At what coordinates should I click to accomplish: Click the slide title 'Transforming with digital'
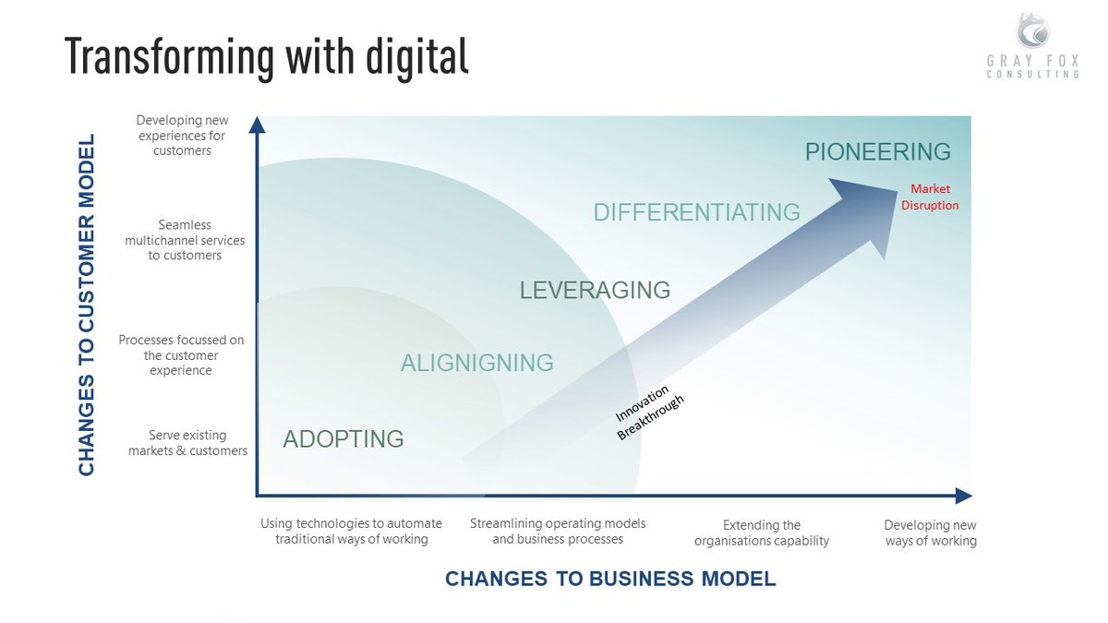point(267,57)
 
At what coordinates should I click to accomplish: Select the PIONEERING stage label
point(877,151)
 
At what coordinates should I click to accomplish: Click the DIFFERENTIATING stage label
point(696,212)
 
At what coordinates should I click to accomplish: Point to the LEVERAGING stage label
point(595,290)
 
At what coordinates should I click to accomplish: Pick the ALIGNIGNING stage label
point(476,363)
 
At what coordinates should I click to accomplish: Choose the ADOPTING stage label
point(343,438)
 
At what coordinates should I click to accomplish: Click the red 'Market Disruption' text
point(930,198)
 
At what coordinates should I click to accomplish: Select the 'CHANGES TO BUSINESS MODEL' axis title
point(610,579)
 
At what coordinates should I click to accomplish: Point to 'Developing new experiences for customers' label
point(182,135)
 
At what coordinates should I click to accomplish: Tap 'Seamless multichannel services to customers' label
point(185,240)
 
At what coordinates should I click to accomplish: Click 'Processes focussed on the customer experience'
point(182,355)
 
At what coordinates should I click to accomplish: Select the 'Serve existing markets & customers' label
point(187,443)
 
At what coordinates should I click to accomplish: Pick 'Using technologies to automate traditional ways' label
point(351,531)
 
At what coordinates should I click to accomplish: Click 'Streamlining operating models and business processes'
point(558,531)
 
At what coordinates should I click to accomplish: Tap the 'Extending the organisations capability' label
point(762,533)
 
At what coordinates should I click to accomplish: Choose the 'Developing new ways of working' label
point(930,533)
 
